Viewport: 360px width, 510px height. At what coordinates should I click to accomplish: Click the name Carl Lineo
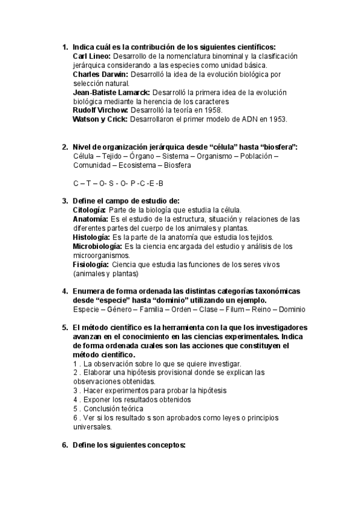(91, 56)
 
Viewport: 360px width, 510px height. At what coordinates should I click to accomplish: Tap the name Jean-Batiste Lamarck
(111, 93)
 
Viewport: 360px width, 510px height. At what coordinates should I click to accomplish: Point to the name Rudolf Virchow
(99, 111)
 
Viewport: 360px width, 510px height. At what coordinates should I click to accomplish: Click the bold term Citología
(89, 210)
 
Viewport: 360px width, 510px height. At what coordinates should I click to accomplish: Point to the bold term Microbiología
(96, 247)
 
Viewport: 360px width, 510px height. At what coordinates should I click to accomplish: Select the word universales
(92, 427)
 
